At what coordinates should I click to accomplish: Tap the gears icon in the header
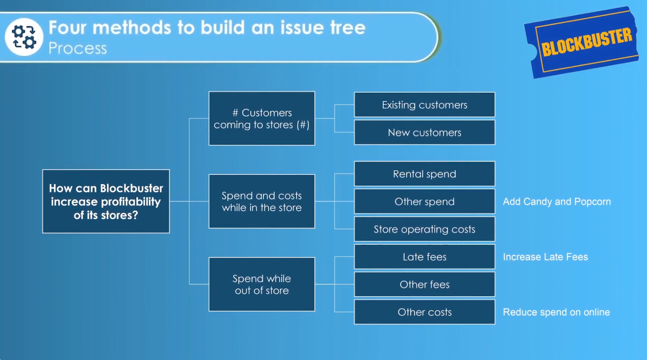click(24, 37)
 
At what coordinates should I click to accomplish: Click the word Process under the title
click(78, 49)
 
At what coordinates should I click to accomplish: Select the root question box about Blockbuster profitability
click(106, 201)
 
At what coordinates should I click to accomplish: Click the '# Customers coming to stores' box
click(262, 119)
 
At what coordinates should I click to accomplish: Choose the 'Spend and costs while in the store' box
click(262, 201)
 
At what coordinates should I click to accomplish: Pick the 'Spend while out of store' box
click(262, 284)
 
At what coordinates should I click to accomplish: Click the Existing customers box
click(425, 105)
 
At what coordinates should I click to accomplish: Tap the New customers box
click(425, 133)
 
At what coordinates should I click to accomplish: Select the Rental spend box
click(425, 174)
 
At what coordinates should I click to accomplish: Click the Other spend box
click(425, 201)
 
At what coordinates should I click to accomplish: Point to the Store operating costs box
click(425, 229)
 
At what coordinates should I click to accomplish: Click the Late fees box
click(425, 257)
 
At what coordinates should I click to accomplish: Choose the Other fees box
click(425, 284)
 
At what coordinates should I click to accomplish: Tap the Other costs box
click(425, 312)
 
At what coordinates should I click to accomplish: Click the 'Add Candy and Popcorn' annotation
click(556, 201)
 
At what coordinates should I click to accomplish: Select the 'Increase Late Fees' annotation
click(545, 257)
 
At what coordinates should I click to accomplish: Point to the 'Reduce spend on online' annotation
click(556, 312)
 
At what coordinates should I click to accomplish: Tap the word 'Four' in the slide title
click(68, 28)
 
